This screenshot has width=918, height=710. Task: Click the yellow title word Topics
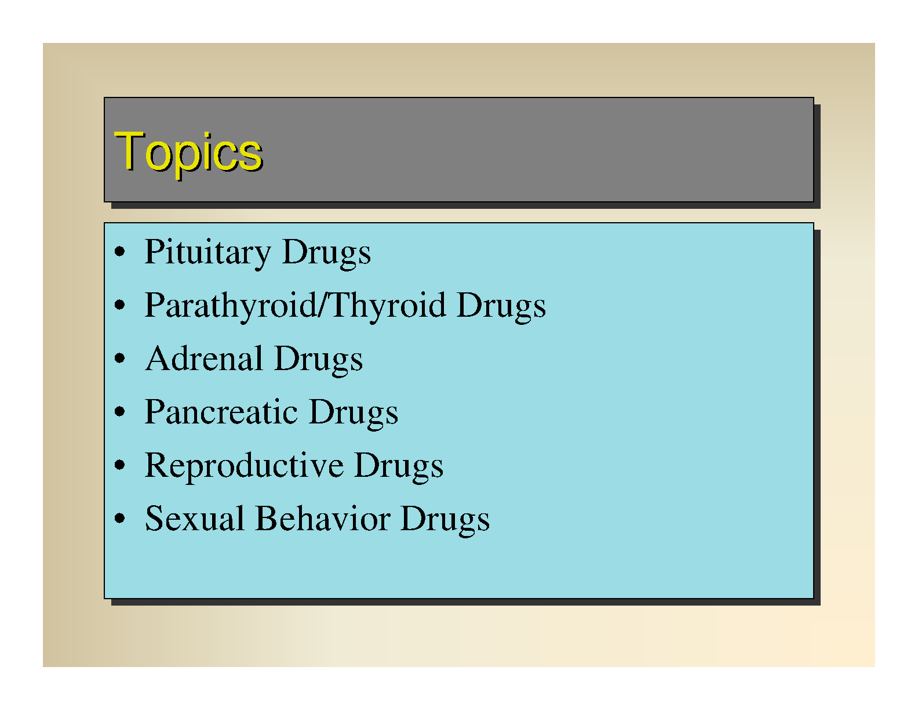188,154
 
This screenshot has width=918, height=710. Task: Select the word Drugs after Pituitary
326,253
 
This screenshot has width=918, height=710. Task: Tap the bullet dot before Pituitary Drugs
120,251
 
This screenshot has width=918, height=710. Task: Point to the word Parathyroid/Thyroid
296,306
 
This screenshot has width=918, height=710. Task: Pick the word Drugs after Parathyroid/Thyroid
501,306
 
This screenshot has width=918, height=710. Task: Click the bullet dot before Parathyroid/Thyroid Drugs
120,305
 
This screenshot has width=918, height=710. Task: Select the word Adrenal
204,360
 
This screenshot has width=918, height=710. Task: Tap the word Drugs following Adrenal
319,360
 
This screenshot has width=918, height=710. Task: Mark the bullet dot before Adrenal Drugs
120,358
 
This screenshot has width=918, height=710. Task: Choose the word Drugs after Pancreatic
354,413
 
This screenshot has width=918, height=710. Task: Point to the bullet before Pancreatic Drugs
120,411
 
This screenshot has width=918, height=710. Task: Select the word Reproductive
244,466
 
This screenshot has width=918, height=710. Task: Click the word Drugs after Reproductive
399,466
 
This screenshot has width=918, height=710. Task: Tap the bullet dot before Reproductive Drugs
120,464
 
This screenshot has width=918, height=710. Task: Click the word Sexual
194,519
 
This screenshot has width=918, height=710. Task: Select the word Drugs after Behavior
446,519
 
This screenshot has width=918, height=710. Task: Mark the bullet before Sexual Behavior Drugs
120,517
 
